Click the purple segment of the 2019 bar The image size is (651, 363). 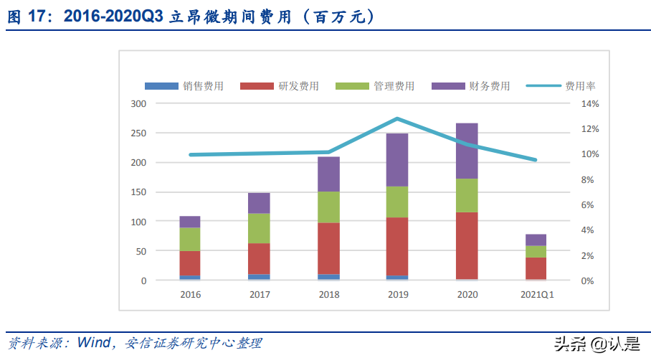(x=397, y=159)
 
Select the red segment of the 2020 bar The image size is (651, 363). (x=467, y=245)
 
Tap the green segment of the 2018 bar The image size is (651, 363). (x=328, y=207)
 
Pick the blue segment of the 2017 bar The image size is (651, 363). (x=259, y=277)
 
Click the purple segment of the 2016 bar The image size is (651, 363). (x=190, y=222)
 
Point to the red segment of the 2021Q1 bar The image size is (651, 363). (x=536, y=268)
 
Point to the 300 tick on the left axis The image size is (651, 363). (x=138, y=104)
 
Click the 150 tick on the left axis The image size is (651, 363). (x=138, y=192)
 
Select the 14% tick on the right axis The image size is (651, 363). (x=589, y=104)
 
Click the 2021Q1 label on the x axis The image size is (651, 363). (x=536, y=295)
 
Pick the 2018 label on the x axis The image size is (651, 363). (x=328, y=295)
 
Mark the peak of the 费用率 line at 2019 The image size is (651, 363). (x=397, y=118)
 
